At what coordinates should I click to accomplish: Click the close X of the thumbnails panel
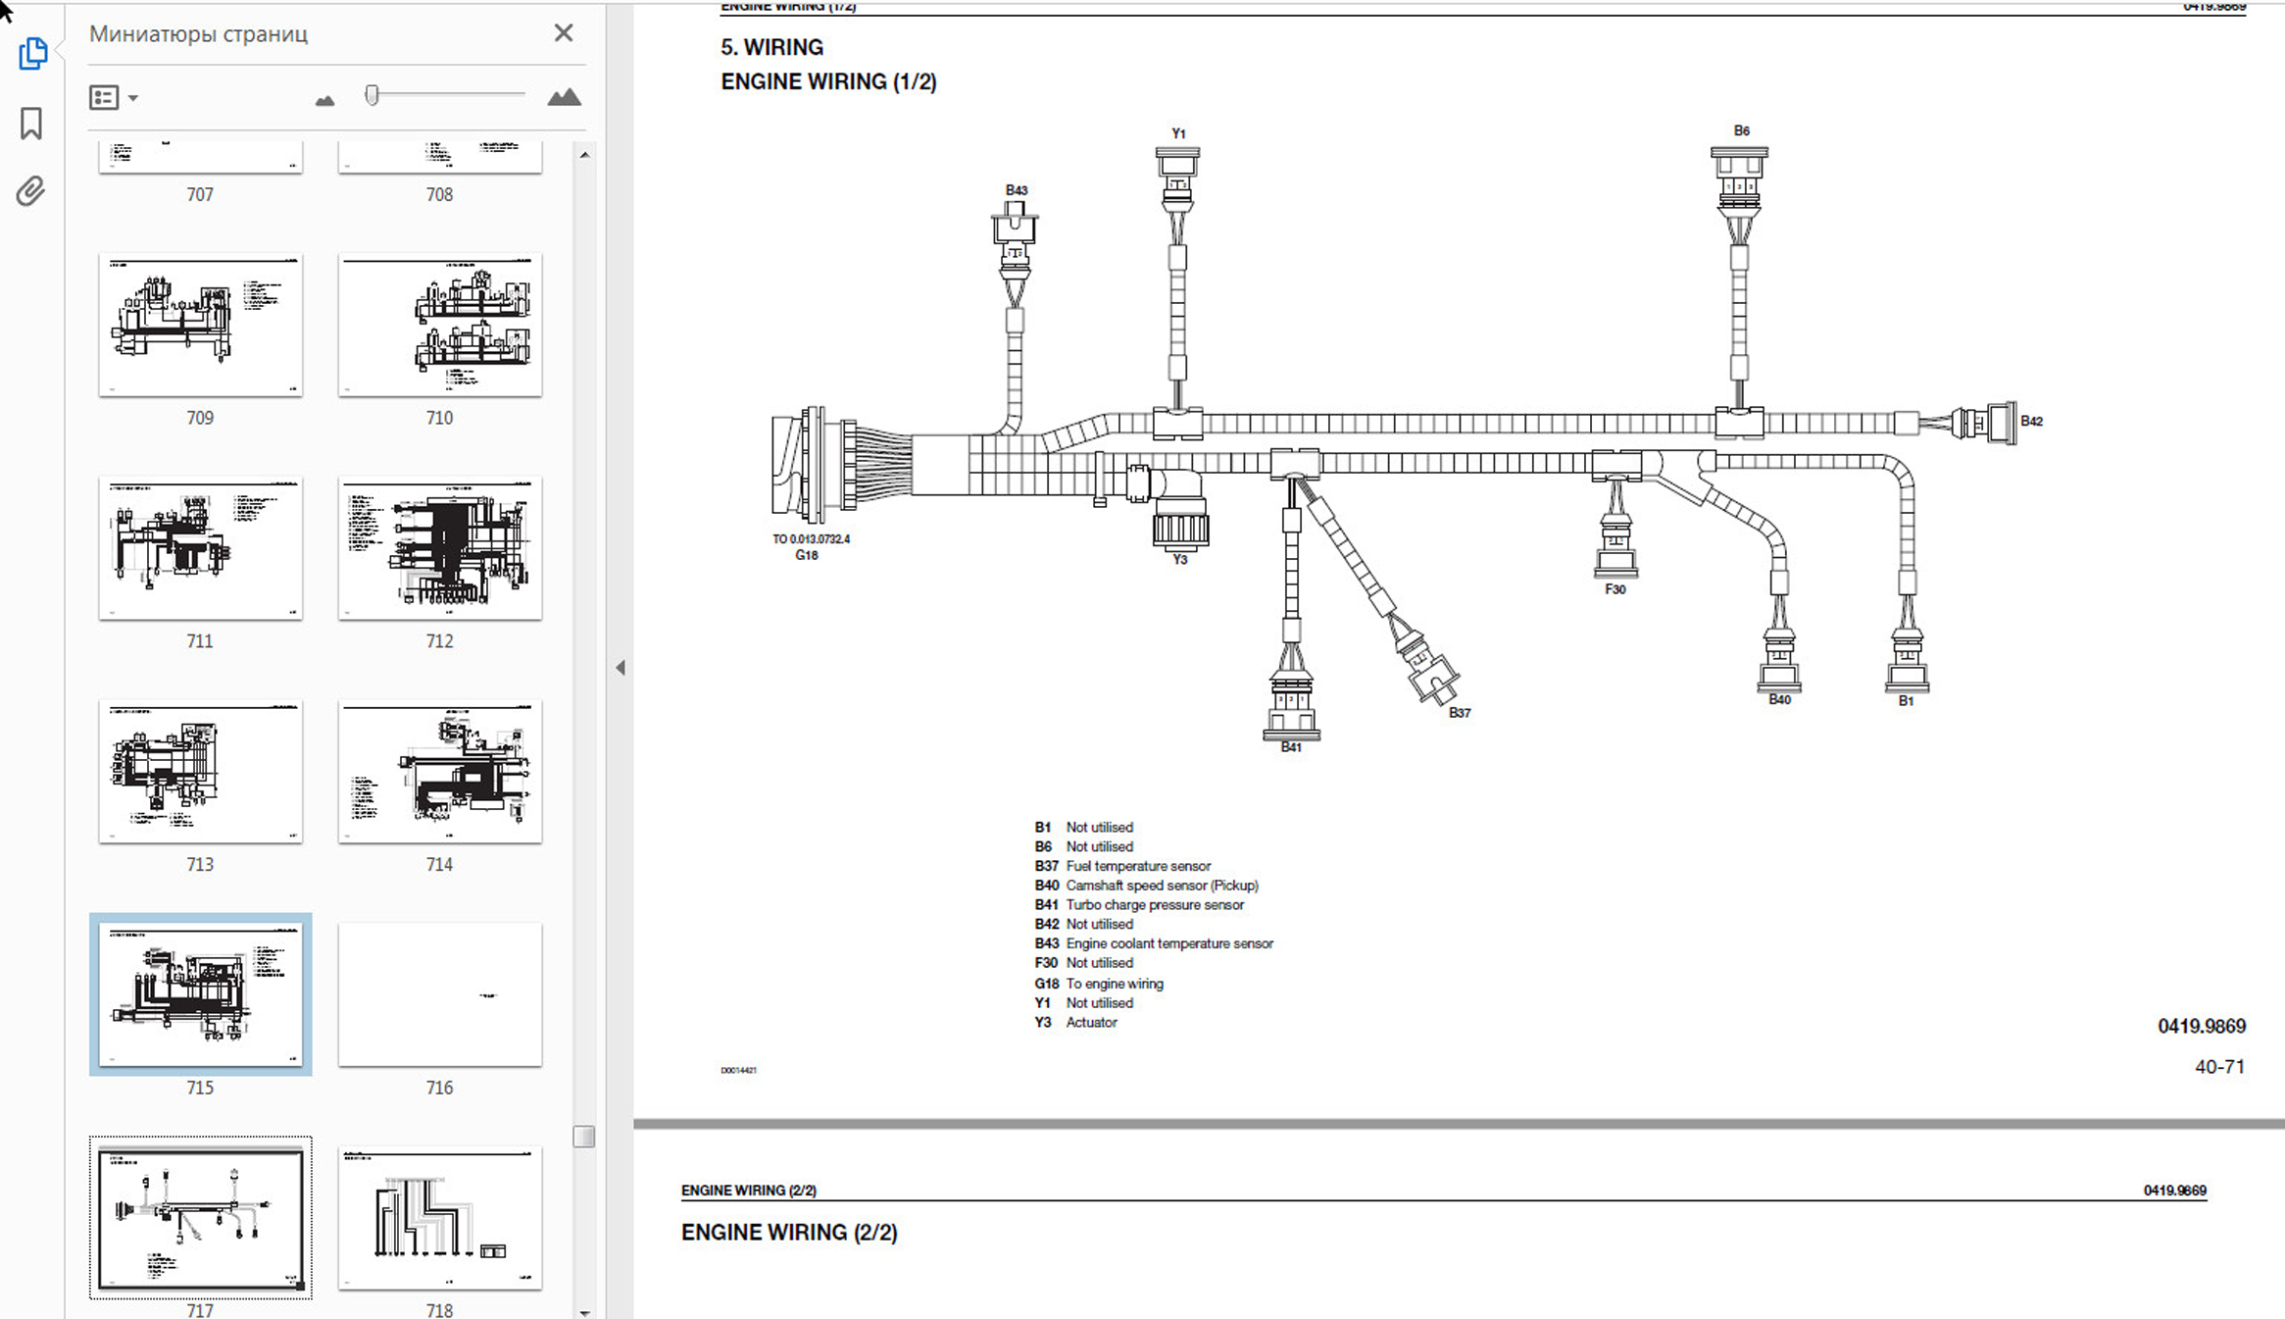tap(564, 33)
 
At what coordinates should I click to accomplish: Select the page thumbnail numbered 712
tap(439, 548)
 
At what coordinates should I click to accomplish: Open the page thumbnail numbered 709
tap(200, 325)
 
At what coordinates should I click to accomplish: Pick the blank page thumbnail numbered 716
tap(439, 994)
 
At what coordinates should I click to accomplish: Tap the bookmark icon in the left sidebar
tap(31, 124)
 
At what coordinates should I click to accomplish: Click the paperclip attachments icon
tap(31, 191)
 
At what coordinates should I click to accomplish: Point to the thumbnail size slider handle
tap(372, 95)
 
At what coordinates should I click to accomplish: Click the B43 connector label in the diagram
tap(1017, 190)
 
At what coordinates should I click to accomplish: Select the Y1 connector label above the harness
tap(1178, 133)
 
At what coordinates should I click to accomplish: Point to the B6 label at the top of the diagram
tap(1741, 130)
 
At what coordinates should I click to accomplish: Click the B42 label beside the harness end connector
tap(2031, 422)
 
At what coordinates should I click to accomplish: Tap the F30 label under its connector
tap(1614, 589)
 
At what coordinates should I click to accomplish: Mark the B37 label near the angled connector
tap(1460, 713)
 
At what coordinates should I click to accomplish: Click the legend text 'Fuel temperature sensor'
tap(1138, 866)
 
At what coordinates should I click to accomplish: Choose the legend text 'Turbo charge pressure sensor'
tap(1155, 905)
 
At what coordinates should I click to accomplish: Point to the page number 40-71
tap(2219, 1067)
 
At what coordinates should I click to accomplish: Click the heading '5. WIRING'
tap(771, 47)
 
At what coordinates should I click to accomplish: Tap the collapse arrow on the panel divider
tap(621, 668)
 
